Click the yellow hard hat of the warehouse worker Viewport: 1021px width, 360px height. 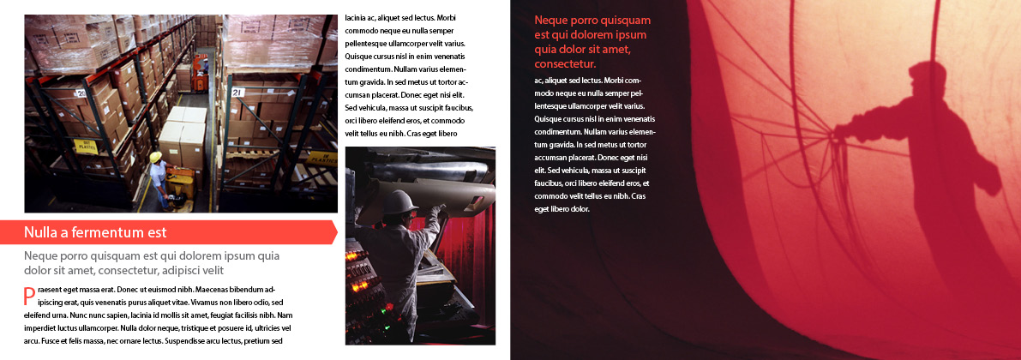tap(155, 157)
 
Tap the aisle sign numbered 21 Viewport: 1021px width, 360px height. tap(237, 93)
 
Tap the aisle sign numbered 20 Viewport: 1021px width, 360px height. tap(81, 93)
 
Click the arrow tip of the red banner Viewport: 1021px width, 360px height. tap(333, 232)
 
